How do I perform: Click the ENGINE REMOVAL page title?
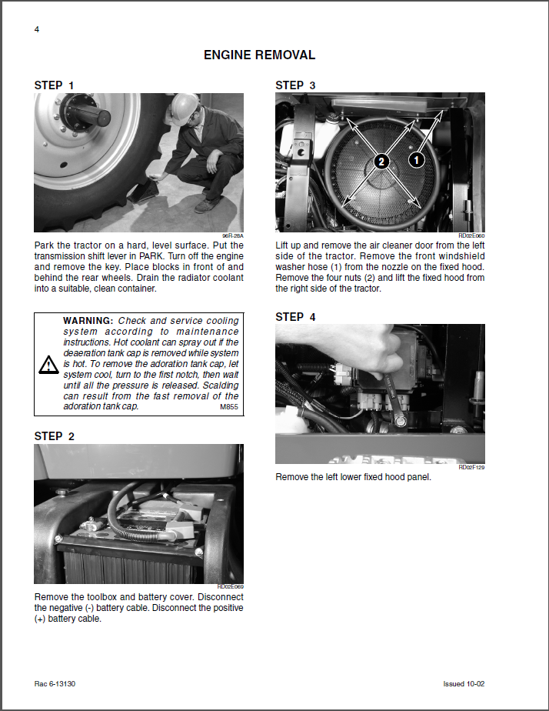click(259, 55)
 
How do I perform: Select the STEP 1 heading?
click(55, 85)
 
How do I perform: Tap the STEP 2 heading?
click(55, 436)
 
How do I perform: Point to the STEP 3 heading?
click(295, 85)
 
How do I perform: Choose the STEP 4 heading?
click(295, 317)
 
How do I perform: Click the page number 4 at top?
click(37, 29)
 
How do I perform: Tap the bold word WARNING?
click(88, 321)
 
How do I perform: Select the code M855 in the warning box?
click(229, 406)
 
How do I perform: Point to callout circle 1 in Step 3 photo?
click(416, 160)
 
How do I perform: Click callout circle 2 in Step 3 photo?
click(382, 161)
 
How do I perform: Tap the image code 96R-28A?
click(232, 236)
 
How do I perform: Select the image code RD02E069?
click(230, 587)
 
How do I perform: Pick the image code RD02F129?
click(471, 467)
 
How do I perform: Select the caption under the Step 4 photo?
click(354, 477)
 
